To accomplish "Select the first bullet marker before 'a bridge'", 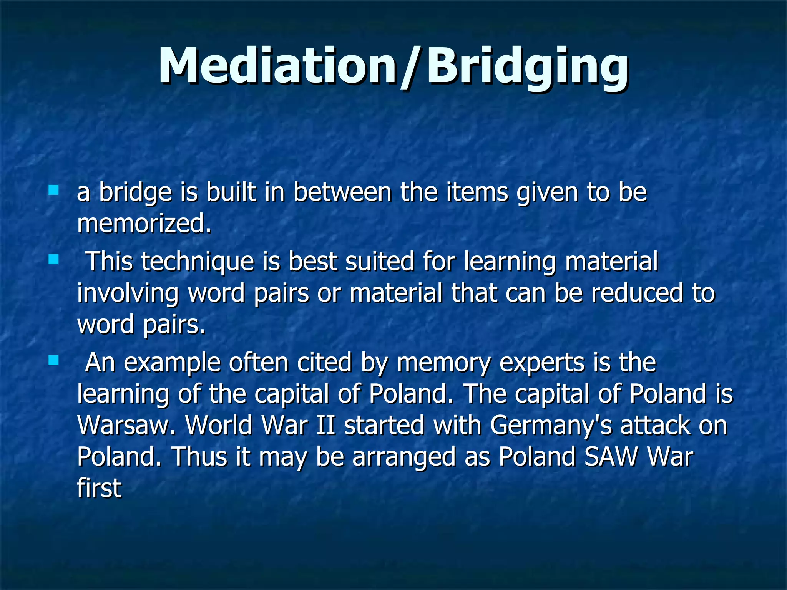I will pos(53,190).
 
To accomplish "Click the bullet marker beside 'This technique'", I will pos(53,260).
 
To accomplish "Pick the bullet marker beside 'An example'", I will pos(53,361).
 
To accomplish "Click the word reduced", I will pos(637,293).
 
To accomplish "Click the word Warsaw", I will pos(126,426).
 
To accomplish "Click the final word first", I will pos(99,488).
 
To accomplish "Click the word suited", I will pos(380,262).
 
